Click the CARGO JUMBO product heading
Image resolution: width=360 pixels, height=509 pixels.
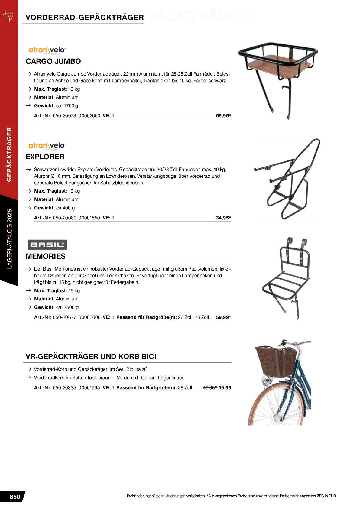tap(53, 61)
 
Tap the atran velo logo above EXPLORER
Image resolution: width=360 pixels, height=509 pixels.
tap(47, 145)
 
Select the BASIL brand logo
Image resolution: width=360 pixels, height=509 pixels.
tap(47, 245)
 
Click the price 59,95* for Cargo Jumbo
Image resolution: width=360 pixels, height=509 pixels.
tap(223, 116)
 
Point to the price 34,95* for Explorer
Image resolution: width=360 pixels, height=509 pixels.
tap(223, 218)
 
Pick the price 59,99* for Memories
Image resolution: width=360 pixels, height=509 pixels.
tap(223, 317)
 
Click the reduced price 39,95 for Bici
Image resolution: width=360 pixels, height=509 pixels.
tap(225, 388)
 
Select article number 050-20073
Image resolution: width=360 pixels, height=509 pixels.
tap(64, 116)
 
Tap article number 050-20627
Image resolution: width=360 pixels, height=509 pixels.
tap(64, 317)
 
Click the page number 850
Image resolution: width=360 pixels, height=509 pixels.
tap(15, 497)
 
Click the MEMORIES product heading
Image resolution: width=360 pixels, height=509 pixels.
tap(46, 256)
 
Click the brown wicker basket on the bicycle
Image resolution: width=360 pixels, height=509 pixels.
tap(276, 361)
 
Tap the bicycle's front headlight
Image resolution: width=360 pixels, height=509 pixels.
tap(266, 382)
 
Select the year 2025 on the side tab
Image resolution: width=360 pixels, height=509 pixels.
tap(10, 216)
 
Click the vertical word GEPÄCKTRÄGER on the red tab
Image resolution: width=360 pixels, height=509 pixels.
tap(9, 154)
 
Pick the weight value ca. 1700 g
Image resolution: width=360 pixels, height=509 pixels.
tap(67, 106)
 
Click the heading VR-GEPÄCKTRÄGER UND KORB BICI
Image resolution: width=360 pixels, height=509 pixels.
tap(91, 357)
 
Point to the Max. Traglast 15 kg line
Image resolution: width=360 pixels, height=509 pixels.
tap(57, 291)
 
